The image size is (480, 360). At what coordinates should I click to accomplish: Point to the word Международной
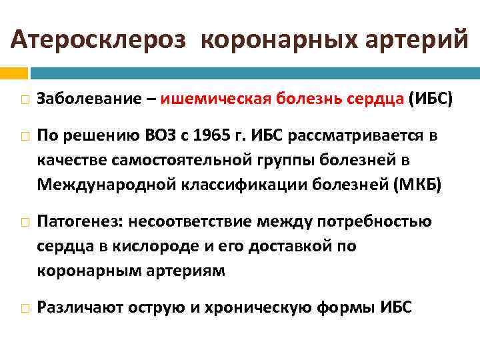pyautogui.click(x=104, y=185)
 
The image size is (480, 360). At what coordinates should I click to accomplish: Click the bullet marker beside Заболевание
pyautogui.click(x=23, y=99)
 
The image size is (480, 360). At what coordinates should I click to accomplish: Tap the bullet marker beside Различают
pyautogui.click(x=23, y=307)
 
